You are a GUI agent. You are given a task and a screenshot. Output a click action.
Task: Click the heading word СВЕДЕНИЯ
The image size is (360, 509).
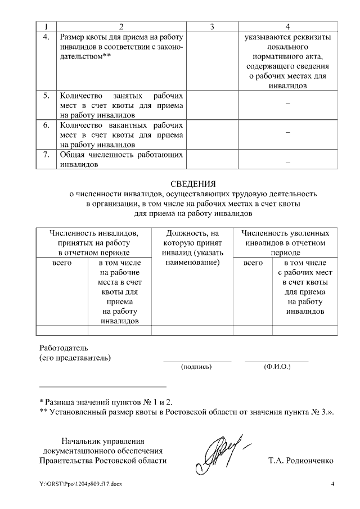coord(193,183)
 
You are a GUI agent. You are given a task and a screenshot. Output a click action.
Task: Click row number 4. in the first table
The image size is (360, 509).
coord(46,37)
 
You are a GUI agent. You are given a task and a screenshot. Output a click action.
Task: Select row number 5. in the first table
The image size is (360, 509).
coord(46,96)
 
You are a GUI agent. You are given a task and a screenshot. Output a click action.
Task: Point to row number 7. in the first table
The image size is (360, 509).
coord(46,154)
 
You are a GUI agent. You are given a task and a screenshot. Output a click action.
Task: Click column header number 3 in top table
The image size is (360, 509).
coord(211,26)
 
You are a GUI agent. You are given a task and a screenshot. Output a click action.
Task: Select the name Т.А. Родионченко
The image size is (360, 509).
coord(301,461)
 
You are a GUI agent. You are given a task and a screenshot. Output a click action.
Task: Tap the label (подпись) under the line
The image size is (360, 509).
coord(196,367)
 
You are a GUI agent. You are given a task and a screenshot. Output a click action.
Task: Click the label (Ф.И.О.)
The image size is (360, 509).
coord(277,367)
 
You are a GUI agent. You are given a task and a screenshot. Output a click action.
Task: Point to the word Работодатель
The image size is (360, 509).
coord(64,347)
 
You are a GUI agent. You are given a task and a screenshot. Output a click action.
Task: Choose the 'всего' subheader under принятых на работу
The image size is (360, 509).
coord(62,263)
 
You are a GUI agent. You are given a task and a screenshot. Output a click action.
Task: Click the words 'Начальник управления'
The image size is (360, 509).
coord(103,440)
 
